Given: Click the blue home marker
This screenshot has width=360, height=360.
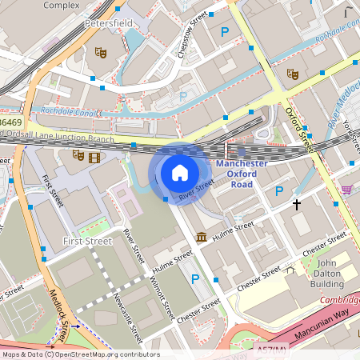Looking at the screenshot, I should click(x=180, y=172).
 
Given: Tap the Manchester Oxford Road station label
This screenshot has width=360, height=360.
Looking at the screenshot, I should click(x=242, y=174).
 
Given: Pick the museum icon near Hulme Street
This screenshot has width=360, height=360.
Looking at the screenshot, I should click(x=201, y=238).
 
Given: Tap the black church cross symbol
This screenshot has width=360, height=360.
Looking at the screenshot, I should click(x=297, y=204).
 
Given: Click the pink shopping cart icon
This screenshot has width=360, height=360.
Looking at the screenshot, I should click(x=346, y=190).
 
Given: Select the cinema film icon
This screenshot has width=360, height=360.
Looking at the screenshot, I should click(x=96, y=156).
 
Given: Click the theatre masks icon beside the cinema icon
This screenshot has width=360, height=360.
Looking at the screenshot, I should click(x=78, y=155).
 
